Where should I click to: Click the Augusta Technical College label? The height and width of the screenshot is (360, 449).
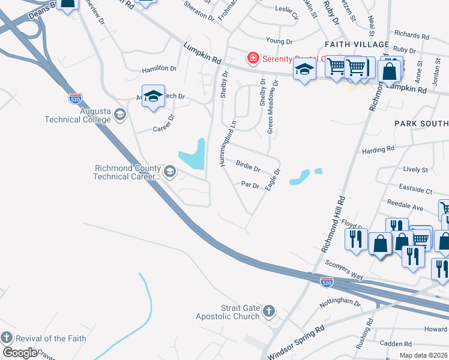click(78, 115)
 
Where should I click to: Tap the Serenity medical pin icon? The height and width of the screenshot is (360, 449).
click(253, 58)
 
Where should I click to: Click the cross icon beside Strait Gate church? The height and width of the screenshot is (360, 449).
click(269, 311)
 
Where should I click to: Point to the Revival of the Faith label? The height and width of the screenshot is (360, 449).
click(51, 338)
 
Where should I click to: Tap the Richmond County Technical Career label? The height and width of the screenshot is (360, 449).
click(128, 173)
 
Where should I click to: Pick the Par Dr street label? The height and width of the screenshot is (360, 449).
click(250, 185)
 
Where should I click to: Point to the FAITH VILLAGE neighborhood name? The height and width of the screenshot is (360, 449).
click(357, 45)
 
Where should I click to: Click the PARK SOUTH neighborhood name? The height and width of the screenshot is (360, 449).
click(421, 123)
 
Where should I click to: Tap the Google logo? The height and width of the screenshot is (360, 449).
click(20, 352)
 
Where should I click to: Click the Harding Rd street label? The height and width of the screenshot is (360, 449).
click(378, 149)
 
